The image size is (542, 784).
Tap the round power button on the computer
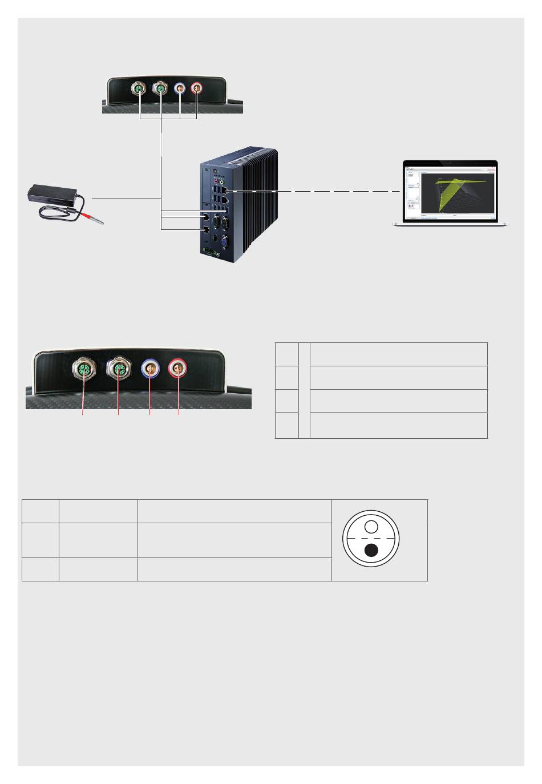[x=215, y=171]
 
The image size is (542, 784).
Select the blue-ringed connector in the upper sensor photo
[x=180, y=88]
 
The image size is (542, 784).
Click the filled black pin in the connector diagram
[x=371, y=550]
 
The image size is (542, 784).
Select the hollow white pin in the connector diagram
[x=371, y=526]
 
